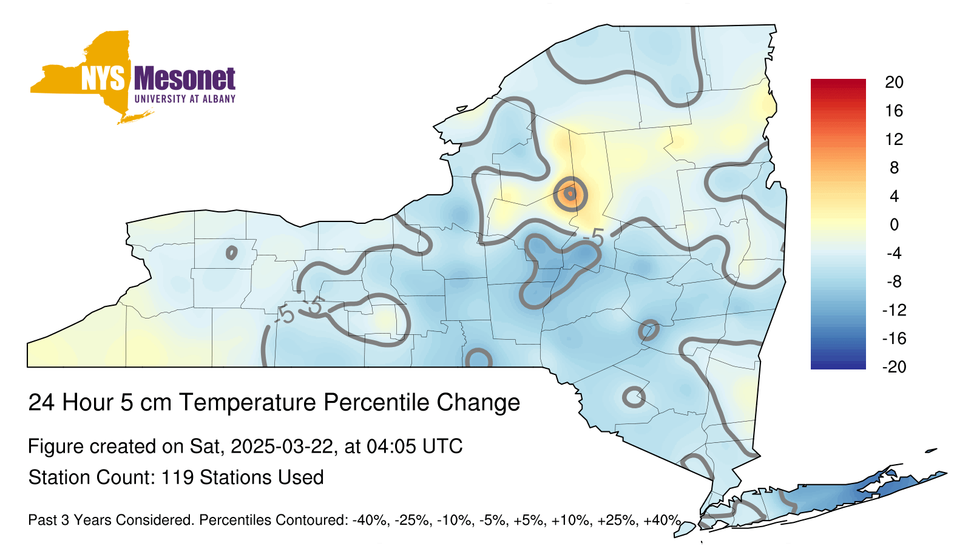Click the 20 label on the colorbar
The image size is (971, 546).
coord(894,83)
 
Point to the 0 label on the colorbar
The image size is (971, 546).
coord(894,224)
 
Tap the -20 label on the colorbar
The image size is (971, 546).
coord(894,367)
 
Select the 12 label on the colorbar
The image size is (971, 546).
coord(894,139)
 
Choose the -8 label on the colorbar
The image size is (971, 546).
coord(894,281)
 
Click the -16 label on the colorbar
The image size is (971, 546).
coord(894,339)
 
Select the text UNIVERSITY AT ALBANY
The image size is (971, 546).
coord(185,99)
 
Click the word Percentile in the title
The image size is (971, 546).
coord(376,403)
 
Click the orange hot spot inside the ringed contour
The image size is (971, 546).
coord(570,194)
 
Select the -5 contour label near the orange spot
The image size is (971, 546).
coord(594,238)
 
